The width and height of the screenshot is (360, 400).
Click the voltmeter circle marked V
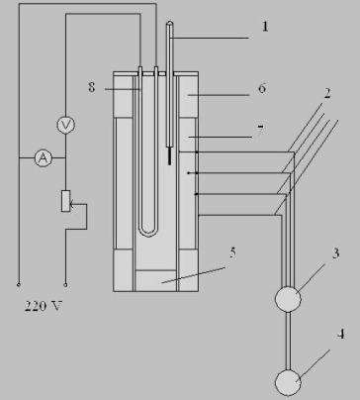pyautogui.click(x=66, y=125)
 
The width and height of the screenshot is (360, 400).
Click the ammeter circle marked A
pyautogui.click(x=44, y=158)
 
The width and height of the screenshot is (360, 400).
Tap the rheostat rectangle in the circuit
pyautogui.click(x=66, y=201)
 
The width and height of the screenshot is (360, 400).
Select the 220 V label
pyautogui.click(x=44, y=306)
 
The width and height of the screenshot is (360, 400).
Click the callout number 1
pyautogui.click(x=265, y=27)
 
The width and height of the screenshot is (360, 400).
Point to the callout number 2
pyautogui.click(x=326, y=93)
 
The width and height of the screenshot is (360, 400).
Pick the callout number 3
pyautogui.click(x=335, y=253)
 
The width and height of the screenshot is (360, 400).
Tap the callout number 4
pyautogui.click(x=340, y=334)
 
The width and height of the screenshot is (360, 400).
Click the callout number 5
pyautogui.click(x=232, y=252)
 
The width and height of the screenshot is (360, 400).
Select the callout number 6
pyautogui.click(x=262, y=88)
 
